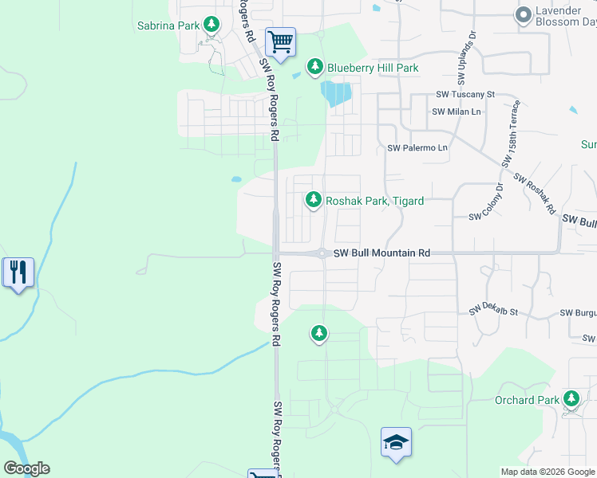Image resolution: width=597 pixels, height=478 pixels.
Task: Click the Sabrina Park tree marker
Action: tap(212, 25)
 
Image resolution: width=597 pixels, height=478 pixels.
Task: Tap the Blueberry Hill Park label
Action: tap(372, 69)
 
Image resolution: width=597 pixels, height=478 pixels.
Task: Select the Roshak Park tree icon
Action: tap(315, 199)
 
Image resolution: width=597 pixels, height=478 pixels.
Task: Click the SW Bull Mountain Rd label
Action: tap(382, 253)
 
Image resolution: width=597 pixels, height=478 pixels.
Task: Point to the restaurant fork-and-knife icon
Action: tap(17, 272)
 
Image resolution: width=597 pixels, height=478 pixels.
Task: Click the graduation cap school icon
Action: tap(397, 443)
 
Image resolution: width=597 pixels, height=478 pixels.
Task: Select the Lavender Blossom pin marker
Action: tap(524, 14)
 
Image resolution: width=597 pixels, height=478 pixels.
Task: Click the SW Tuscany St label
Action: tap(465, 94)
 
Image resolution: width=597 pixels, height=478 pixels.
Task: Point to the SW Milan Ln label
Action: tap(457, 112)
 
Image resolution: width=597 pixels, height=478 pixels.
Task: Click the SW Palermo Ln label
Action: tap(417, 148)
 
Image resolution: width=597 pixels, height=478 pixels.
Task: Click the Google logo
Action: tap(26, 468)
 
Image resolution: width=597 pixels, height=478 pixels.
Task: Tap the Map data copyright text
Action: tap(547, 472)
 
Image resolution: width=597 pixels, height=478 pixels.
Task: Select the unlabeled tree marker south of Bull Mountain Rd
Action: tap(319, 334)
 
